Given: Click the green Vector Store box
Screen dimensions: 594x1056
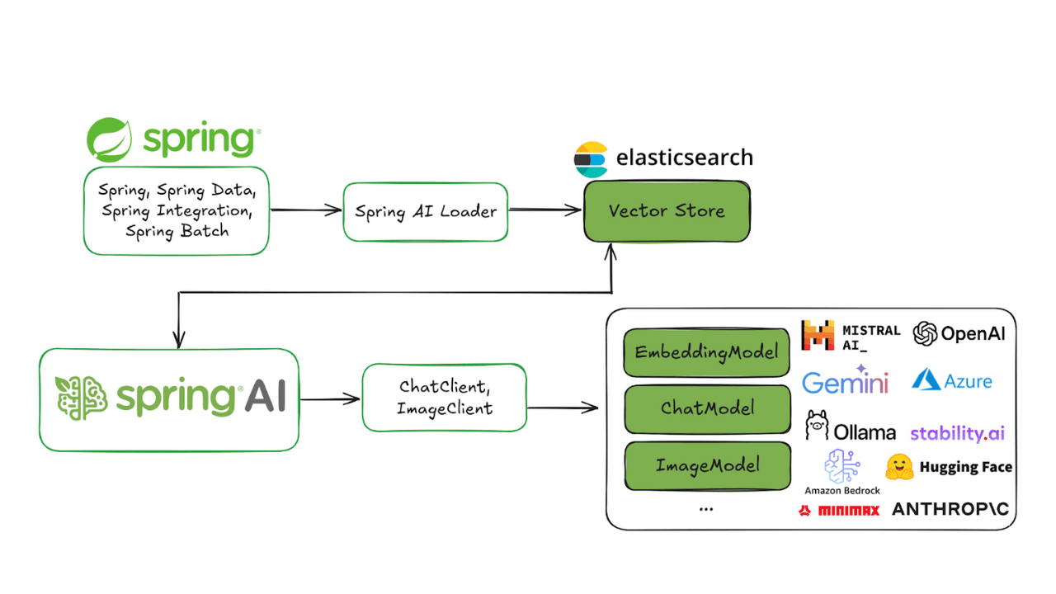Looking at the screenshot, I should (x=667, y=211).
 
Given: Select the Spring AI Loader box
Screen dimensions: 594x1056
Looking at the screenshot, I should (x=425, y=212).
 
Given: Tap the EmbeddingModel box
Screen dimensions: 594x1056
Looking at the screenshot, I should (x=706, y=353).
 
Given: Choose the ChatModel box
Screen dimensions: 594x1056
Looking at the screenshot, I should (x=706, y=408).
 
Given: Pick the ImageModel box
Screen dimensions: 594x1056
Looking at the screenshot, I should (x=706, y=465).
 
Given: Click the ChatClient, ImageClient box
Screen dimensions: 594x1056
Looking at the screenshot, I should (x=444, y=398).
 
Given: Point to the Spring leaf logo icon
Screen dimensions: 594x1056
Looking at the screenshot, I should (x=110, y=139).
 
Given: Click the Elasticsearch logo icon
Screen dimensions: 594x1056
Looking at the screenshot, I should (x=591, y=159).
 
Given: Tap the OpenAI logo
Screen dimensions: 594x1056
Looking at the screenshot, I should (x=926, y=333).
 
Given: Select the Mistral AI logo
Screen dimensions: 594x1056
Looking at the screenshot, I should (x=818, y=336).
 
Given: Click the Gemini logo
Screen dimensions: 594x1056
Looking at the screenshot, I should (x=845, y=382).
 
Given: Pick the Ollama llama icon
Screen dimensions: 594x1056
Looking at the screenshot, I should (x=818, y=425).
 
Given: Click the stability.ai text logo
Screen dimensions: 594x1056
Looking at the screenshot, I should (x=957, y=433).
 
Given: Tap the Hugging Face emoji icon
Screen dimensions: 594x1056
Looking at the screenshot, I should (x=900, y=467).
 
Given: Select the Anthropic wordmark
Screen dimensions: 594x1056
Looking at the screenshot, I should (x=950, y=510).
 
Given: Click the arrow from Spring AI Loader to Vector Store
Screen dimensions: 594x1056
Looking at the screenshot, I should (x=544, y=210).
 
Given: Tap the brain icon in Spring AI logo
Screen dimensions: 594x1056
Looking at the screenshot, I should (x=82, y=398).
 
